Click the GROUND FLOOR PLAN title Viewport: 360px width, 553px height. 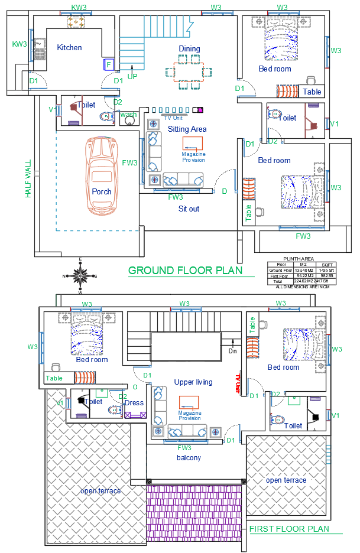[x=185, y=271]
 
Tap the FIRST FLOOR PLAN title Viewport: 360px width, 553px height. [x=288, y=529]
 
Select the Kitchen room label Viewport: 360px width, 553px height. [x=69, y=47]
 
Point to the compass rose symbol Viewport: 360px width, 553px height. [x=80, y=275]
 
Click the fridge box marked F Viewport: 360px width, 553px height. [x=108, y=64]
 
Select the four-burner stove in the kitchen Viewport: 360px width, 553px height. [x=76, y=21]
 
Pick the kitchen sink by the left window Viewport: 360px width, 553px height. [x=40, y=47]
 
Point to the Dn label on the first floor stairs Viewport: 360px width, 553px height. [x=233, y=351]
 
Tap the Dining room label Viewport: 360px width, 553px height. [x=189, y=48]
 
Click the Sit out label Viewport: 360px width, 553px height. [x=189, y=209]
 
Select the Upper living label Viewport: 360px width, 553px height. [x=193, y=382]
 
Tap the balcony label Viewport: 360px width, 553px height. [x=189, y=458]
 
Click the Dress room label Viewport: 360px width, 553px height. [x=134, y=403]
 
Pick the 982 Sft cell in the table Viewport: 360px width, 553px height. [x=327, y=276]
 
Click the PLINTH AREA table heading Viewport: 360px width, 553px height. [x=299, y=259]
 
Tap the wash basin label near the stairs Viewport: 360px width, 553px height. [x=129, y=115]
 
